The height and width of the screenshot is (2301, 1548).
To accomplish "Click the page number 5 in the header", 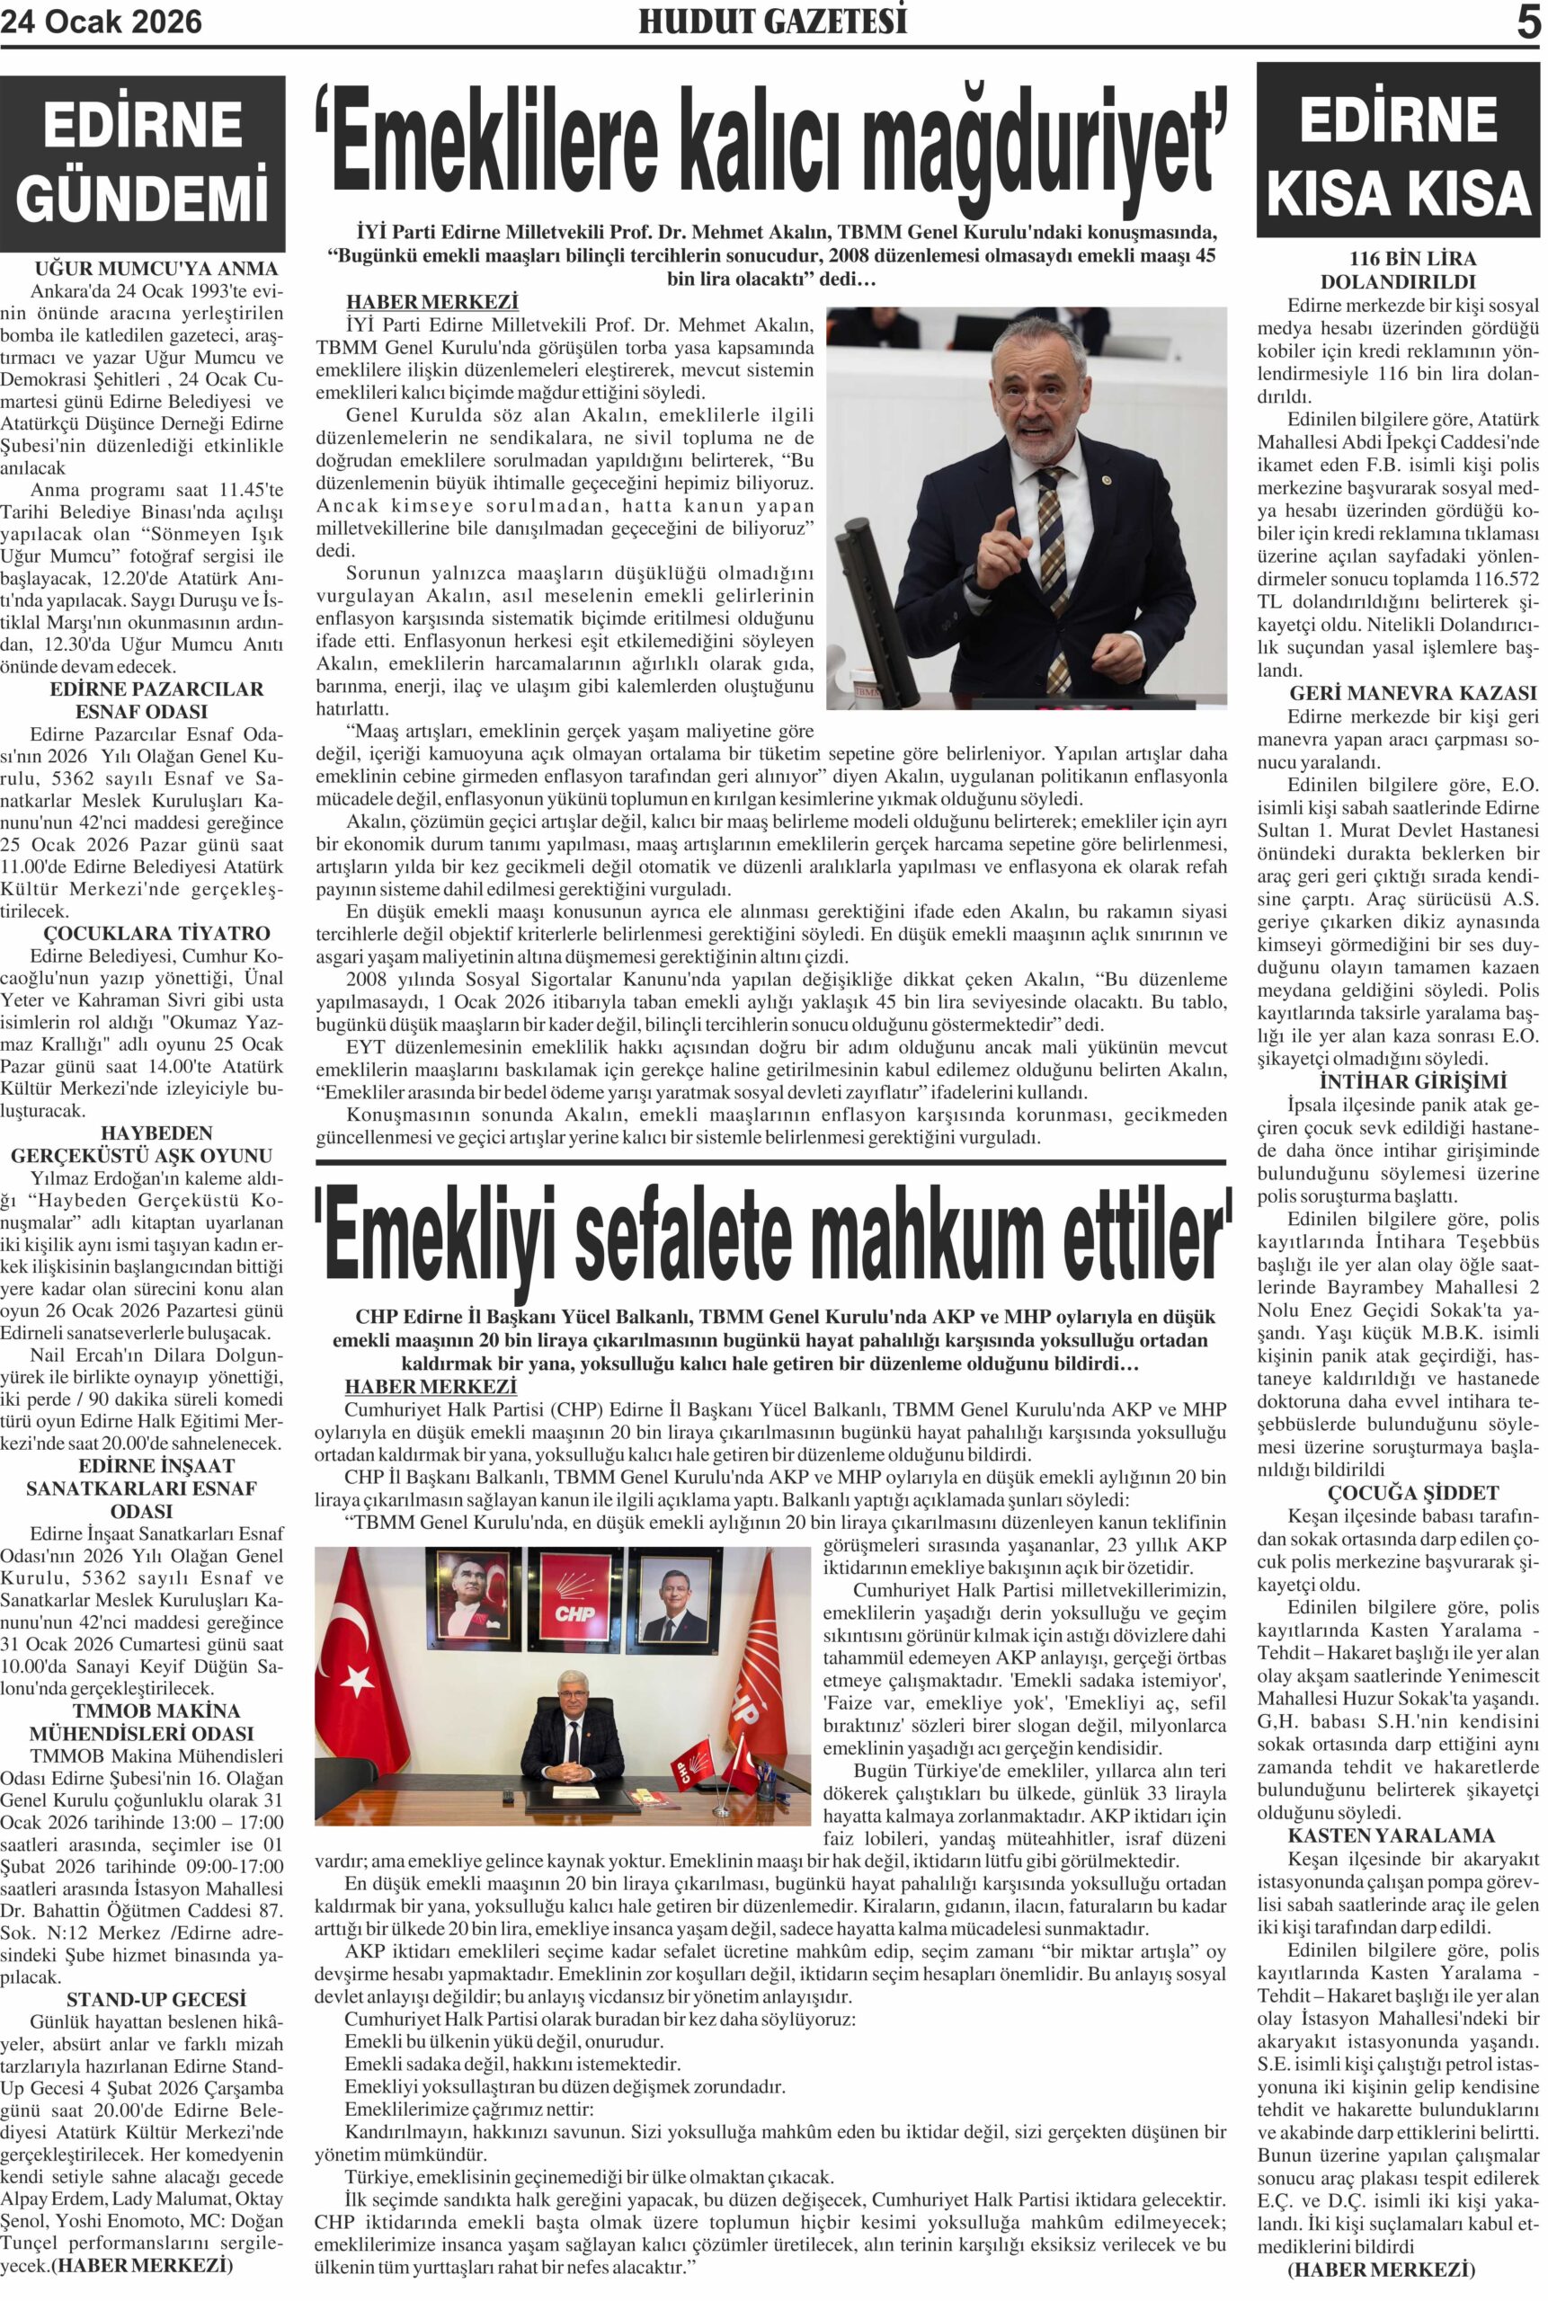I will tap(1526, 22).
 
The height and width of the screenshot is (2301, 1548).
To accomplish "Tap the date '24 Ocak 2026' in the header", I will tap(102, 22).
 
